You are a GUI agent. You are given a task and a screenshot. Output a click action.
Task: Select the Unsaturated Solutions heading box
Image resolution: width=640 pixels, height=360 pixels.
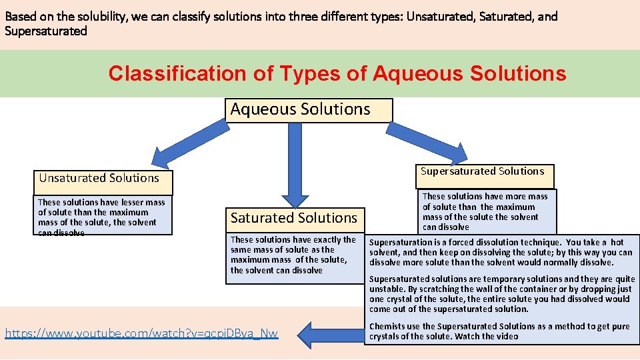click(103, 179)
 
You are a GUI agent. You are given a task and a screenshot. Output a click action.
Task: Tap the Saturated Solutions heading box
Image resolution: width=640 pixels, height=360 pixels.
click(295, 218)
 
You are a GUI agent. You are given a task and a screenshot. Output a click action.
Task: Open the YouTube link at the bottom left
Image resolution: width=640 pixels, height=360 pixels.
click(141, 333)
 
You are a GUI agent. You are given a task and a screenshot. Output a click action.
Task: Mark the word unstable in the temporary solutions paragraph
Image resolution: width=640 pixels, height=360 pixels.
click(387, 289)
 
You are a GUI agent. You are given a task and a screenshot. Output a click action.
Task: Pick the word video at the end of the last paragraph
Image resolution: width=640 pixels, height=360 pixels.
click(507, 337)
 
